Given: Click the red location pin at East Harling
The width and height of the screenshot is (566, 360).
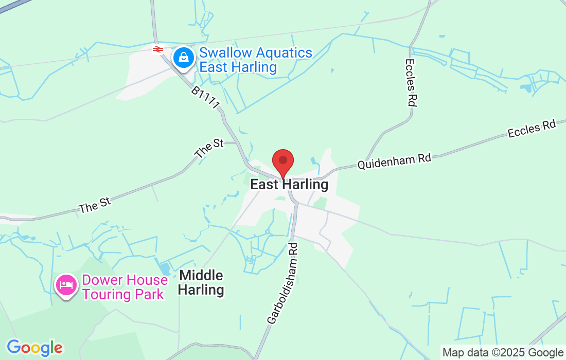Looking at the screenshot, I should [x=282, y=163].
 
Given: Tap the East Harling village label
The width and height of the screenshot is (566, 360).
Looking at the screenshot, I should [x=289, y=185].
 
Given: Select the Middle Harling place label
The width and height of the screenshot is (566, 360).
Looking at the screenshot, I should [x=201, y=282].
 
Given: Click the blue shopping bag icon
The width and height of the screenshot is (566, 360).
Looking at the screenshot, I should [x=183, y=58].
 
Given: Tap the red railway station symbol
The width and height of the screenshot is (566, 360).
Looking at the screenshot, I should [x=158, y=49].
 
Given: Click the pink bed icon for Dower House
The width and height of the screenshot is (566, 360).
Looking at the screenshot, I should [x=67, y=284].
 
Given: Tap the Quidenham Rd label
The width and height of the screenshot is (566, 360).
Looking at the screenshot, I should [x=394, y=162].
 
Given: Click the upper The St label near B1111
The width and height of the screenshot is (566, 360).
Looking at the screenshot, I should [x=209, y=148].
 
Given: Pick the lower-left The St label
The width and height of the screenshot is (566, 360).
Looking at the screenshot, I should [x=95, y=204].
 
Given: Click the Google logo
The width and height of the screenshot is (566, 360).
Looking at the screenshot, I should [x=34, y=348].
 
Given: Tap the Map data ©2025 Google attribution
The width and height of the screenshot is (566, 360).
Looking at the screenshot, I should [x=503, y=353].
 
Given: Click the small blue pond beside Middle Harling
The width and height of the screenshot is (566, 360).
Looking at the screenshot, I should [x=165, y=268].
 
